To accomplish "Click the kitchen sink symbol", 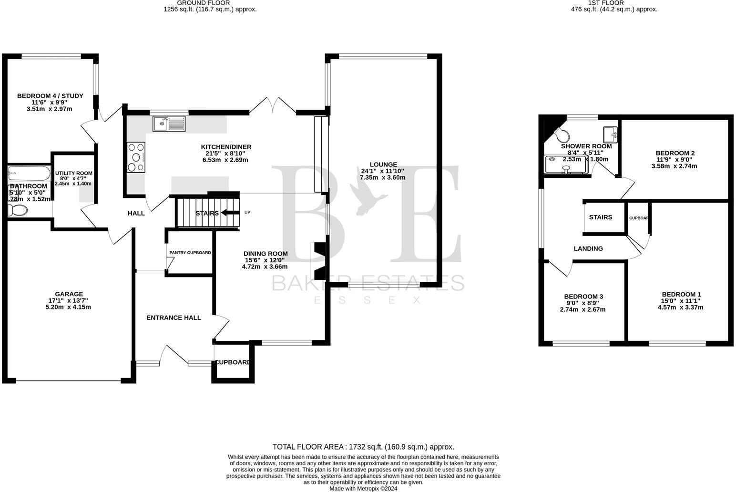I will coord(169,124).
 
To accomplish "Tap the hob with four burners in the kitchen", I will coord(136,157).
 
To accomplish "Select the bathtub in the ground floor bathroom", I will coord(29,173).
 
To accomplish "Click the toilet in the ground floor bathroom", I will coord(18,210).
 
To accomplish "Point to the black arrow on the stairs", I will coord(230,213).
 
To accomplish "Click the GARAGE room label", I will coord(69,294).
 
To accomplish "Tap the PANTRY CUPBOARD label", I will coord(190,253).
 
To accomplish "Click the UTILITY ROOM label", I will coord(73,174).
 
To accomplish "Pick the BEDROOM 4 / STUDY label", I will coord(50,96).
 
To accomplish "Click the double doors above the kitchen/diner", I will coord(273,105).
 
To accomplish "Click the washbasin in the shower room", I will coord(610,133).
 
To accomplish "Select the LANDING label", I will coord(588,248).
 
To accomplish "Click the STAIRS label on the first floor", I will coord(601,217).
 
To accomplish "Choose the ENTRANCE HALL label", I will coord(174,318).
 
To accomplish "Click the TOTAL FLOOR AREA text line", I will coord(363,447).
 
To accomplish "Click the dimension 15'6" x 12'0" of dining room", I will coord(265,260).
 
